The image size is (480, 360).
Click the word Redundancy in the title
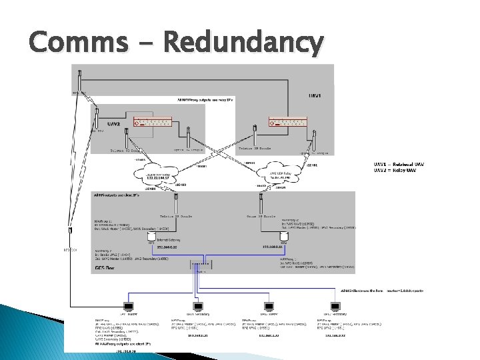pos(243,43)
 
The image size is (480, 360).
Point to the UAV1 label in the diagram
pos(313,96)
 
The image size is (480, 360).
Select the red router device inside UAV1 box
pos(287,123)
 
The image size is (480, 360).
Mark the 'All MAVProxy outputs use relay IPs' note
pos(206,99)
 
